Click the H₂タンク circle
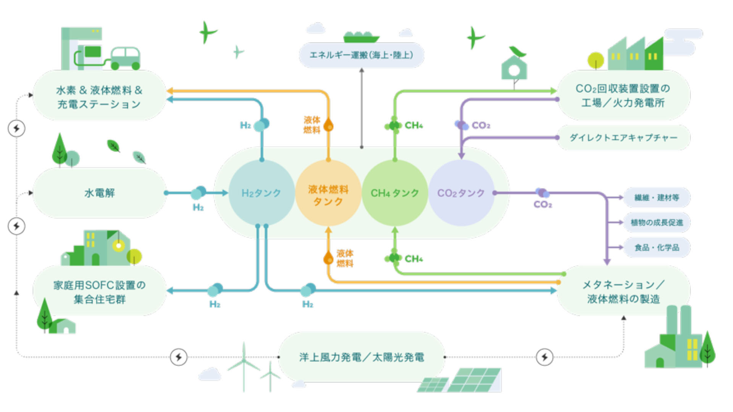coord(262,193)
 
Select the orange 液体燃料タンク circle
coord(328,193)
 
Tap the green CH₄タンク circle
coord(395,193)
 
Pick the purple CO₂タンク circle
coord(461,193)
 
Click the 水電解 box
coord(100,193)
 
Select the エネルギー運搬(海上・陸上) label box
coord(361,55)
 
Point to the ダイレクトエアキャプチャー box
coord(623,138)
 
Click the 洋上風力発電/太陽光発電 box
coord(362,357)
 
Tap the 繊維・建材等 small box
coord(657,198)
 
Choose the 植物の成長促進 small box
coord(657,222)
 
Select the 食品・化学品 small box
coord(657,248)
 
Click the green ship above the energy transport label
coord(361,37)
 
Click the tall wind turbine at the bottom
coord(244,364)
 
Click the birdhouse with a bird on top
coord(515,67)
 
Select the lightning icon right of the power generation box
coord(544,357)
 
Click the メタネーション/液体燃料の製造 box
coord(623,291)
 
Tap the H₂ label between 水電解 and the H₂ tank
coord(198,208)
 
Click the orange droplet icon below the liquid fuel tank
coord(328,258)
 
